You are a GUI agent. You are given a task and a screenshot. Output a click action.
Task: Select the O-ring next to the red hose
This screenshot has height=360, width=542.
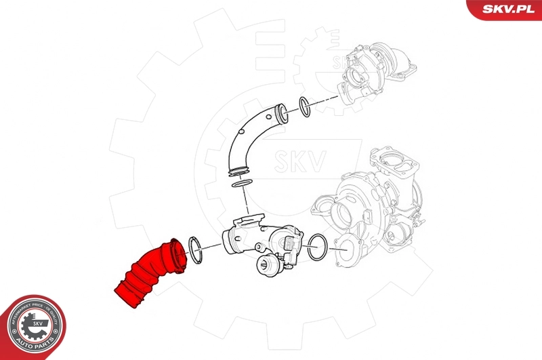194,249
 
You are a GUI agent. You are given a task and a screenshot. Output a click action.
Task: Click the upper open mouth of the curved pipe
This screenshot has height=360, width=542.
280,112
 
